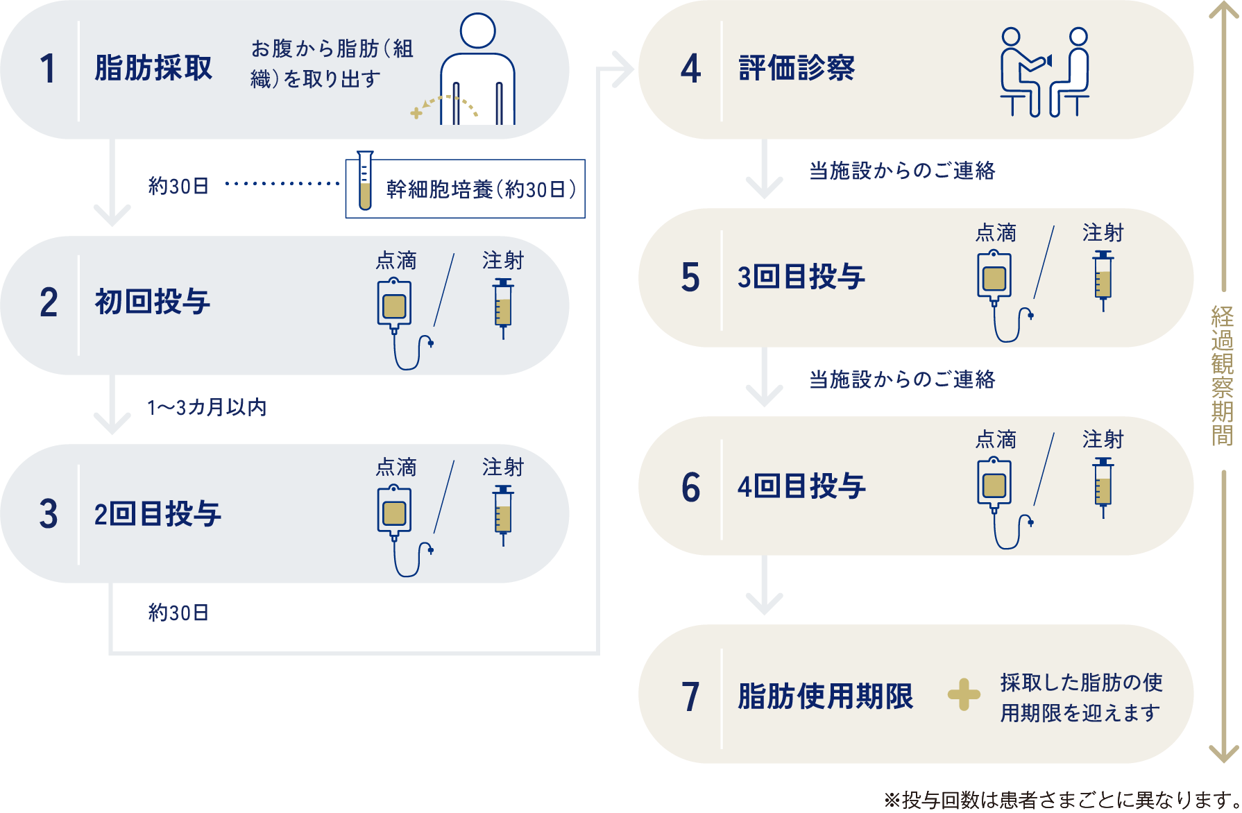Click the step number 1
(x=47, y=69)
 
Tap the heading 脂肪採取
(x=153, y=69)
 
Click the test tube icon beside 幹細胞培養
(x=365, y=181)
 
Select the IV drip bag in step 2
(x=394, y=305)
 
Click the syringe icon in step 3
(x=503, y=515)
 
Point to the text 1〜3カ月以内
(x=207, y=407)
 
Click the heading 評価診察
(x=797, y=69)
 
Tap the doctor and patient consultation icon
(x=1044, y=72)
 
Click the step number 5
(x=690, y=277)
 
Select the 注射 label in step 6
(x=1103, y=440)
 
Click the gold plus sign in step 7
(x=964, y=694)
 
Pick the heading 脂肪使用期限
(x=825, y=696)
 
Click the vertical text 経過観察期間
(x=1223, y=376)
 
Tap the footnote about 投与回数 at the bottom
(x=1062, y=800)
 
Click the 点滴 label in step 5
(x=996, y=233)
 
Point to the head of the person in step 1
(x=477, y=31)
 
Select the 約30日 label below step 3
(x=178, y=613)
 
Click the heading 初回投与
(x=152, y=302)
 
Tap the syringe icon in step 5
(x=1103, y=280)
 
